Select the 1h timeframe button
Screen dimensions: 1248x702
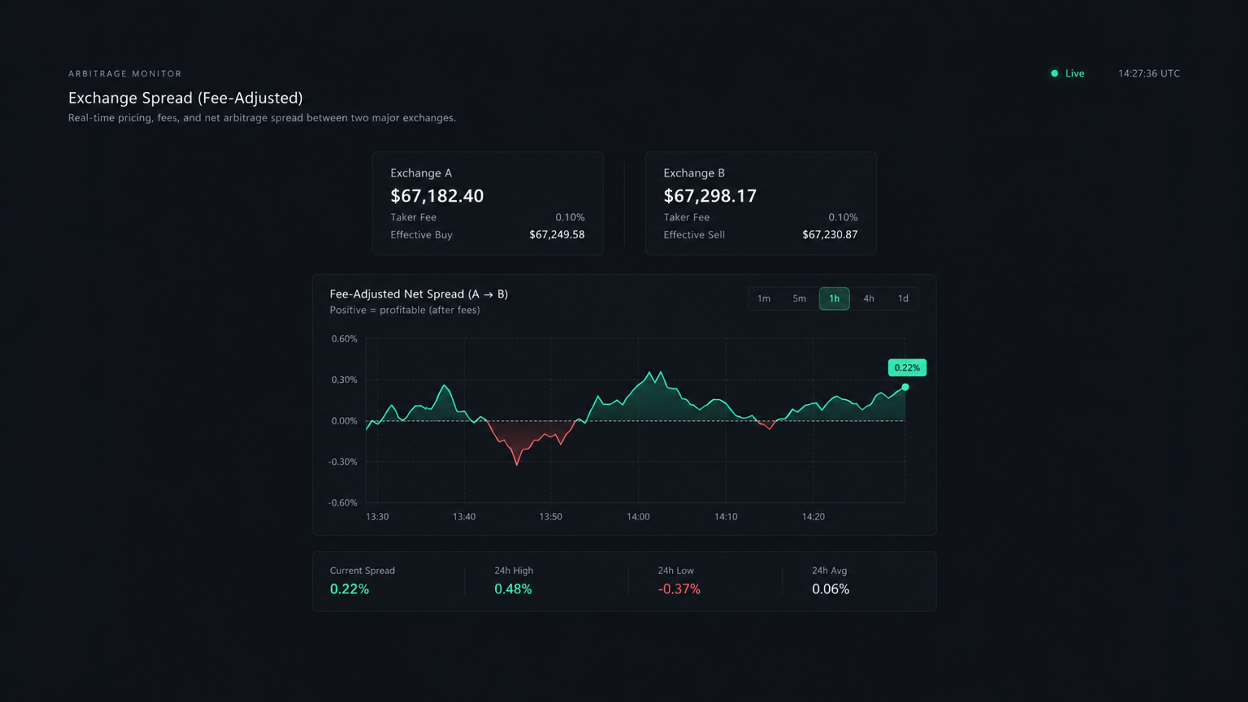pos(834,298)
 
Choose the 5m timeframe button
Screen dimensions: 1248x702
pos(799,298)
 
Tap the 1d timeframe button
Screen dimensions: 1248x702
pos(903,298)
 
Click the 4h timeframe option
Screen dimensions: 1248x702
pos(869,298)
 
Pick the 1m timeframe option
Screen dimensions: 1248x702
pos(764,298)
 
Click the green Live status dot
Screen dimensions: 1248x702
pos(1054,74)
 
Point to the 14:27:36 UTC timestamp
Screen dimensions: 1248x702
pos(1149,74)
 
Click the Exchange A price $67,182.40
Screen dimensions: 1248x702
pos(437,196)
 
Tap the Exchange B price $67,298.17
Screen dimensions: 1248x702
pos(710,196)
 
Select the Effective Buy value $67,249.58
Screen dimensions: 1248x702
pos(557,235)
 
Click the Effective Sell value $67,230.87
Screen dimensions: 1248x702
pos(830,235)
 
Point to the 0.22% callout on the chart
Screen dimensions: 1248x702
pos(907,368)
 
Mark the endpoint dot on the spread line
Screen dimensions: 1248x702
pos(905,387)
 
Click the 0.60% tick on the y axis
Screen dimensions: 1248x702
pos(344,339)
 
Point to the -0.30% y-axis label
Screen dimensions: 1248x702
pos(343,462)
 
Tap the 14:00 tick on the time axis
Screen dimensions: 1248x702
pos(638,517)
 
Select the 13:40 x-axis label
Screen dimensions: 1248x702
pos(464,517)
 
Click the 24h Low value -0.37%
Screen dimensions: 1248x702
pos(679,589)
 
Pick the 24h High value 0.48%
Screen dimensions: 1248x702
pos(513,589)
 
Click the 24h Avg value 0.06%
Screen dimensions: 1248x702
pos(831,589)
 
